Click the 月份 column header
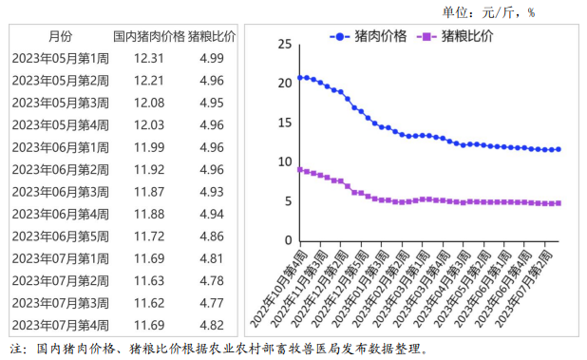click(59, 36)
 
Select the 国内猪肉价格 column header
click(148, 36)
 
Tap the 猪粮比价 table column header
click(212, 36)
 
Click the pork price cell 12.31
click(149, 58)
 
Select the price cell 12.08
click(149, 103)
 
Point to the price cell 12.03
click(149, 124)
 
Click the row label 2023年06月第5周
click(60, 236)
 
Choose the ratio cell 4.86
click(212, 236)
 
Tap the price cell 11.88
click(149, 214)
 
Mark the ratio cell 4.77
click(212, 302)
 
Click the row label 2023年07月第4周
click(60, 325)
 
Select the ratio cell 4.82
click(212, 325)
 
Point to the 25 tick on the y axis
click(283, 44)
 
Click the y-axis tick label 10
click(283, 161)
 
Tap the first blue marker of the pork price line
click(299, 78)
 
